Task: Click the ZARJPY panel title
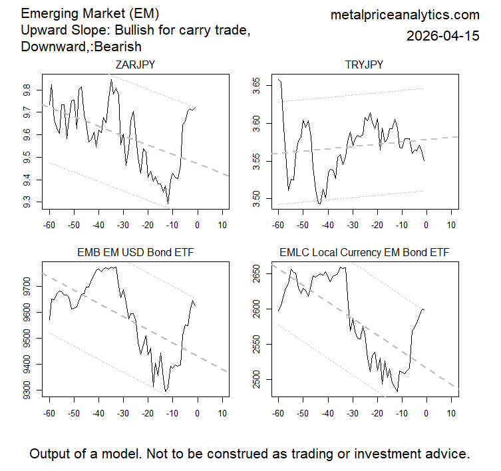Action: pyautogui.click(x=135, y=65)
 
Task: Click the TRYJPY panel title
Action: pyautogui.click(x=364, y=65)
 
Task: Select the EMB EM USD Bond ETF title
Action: pyautogui.click(x=135, y=253)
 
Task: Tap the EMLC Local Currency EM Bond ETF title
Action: pyautogui.click(x=364, y=253)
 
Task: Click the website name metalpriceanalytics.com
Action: pyautogui.click(x=405, y=15)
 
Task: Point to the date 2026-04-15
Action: pyautogui.click(x=442, y=36)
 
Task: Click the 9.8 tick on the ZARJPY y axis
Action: pyautogui.click(x=26, y=88)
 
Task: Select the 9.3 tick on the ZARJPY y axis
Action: pyautogui.click(x=26, y=202)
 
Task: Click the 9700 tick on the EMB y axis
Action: pyautogui.click(x=26, y=287)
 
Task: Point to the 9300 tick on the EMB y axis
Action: pyautogui.click(x=26, y=390)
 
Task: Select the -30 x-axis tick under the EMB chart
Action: pyautogui.click(x=122, y=414)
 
